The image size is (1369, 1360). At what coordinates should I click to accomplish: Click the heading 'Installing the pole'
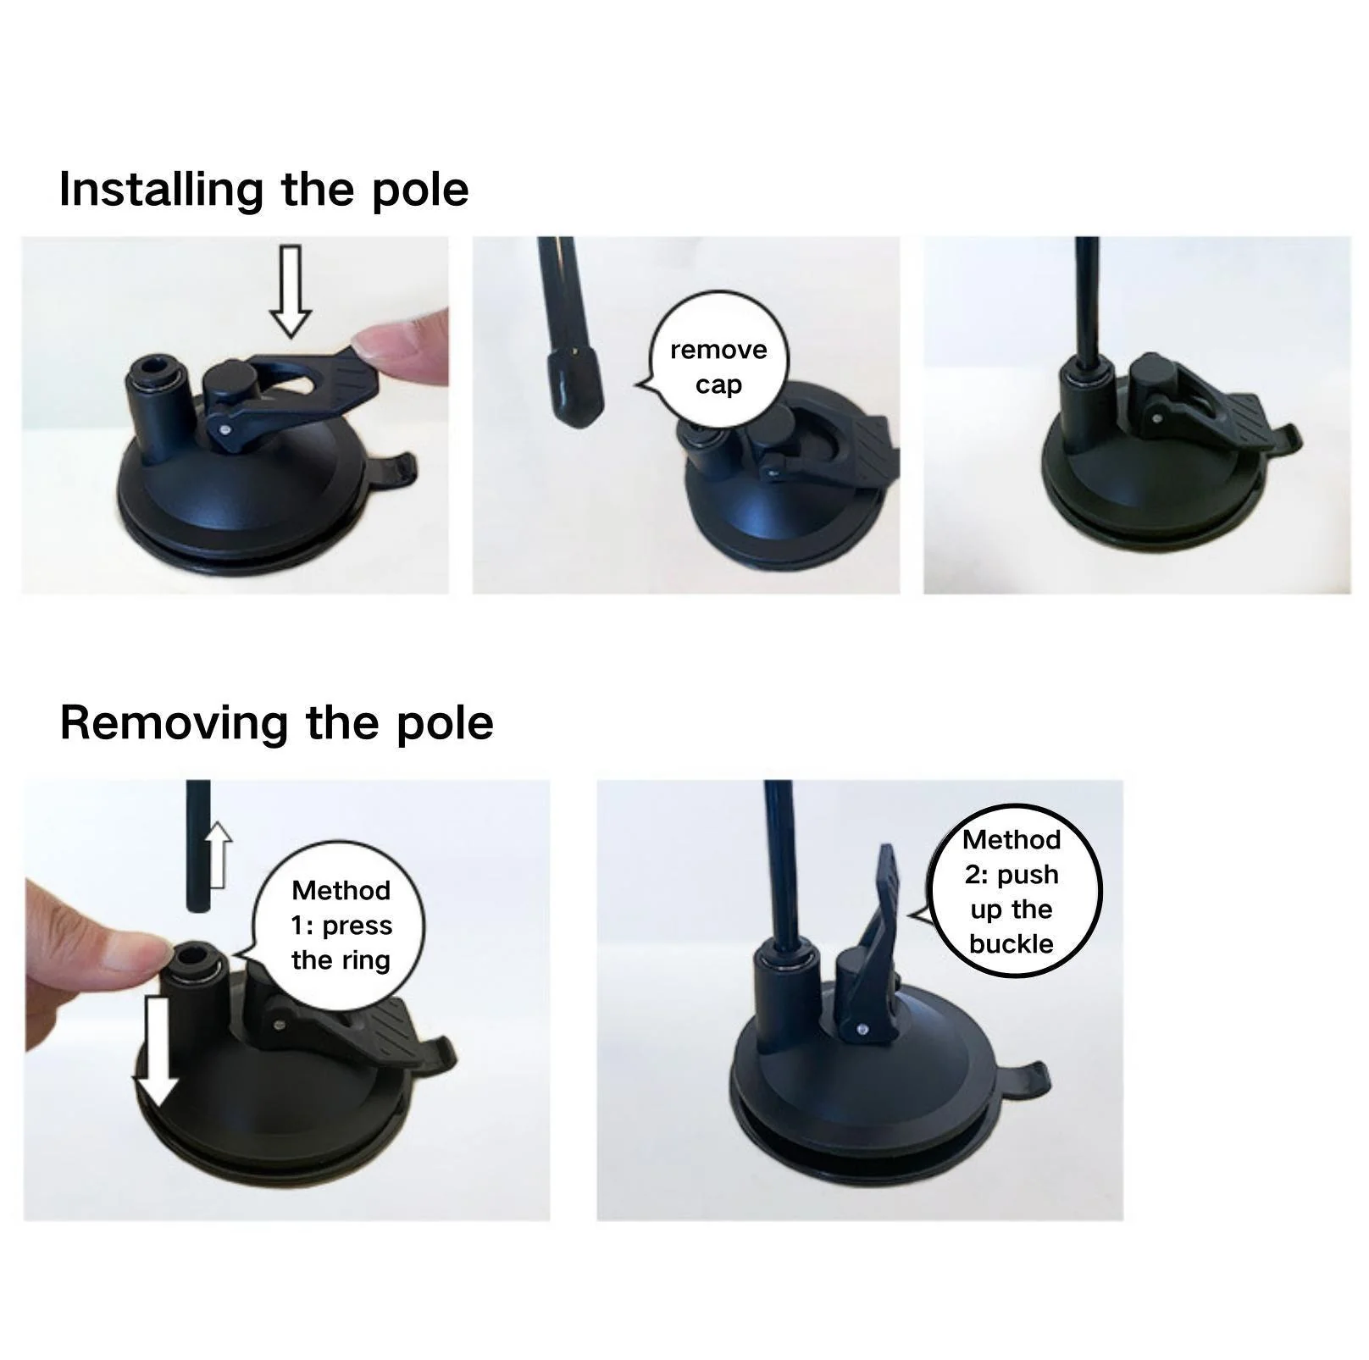coord(263,190)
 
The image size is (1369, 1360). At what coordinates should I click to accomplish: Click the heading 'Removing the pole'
coord(276,723)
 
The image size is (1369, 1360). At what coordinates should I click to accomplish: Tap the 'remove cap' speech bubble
coord(718,367)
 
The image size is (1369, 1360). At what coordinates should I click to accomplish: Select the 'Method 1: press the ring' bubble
coord(341,926)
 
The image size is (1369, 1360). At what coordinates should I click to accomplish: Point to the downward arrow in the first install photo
coord(291,290)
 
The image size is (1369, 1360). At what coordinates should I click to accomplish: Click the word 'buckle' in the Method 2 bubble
coord(1012,944)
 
